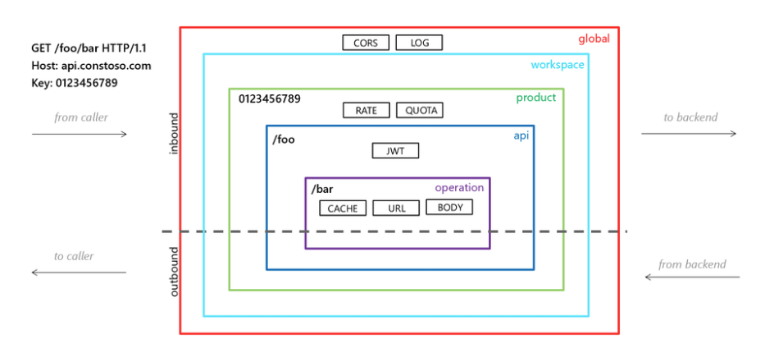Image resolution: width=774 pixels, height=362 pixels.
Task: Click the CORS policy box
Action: coord(366,43)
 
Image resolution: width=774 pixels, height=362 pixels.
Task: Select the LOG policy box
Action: coord(419,43)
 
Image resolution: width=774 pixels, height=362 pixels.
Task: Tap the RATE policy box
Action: coord(367,110)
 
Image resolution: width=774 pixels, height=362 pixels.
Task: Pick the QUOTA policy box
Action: coord(420,110)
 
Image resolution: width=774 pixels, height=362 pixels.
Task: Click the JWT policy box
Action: coord(395,151)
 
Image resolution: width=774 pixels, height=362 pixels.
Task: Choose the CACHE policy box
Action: coord(343,208)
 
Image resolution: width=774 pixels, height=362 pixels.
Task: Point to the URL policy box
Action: coord(396,208)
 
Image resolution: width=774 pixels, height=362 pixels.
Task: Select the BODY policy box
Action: coord(450,207)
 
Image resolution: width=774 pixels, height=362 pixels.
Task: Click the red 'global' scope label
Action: coord(594,39)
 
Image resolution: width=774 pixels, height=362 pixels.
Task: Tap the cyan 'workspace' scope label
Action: coord(558,65)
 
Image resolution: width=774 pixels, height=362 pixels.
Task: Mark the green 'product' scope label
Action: coord(535,98)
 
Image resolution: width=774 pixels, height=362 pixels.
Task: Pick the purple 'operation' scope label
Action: coord(459,188)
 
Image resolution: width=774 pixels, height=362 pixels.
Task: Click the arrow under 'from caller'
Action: coord(80,134)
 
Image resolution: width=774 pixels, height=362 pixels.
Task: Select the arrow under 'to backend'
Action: coord(689,134)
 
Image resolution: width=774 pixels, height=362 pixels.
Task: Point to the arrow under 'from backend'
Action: coord(692,277)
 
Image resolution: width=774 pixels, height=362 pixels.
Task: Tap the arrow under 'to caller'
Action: coord(79,272)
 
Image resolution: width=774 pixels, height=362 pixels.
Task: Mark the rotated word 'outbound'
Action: coord(175,272)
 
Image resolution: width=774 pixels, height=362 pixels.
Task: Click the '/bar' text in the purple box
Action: coord(322,190)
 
